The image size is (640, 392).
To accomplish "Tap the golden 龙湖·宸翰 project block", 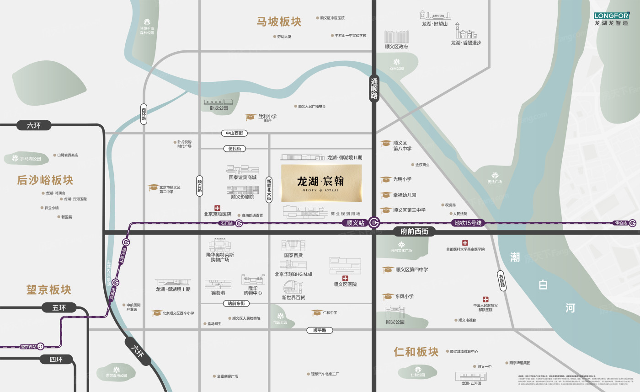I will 321,183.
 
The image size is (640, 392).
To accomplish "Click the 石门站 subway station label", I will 227,223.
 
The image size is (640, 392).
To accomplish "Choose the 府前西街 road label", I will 414,232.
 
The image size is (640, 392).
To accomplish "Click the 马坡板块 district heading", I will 279,22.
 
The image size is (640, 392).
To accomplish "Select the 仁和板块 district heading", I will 416,352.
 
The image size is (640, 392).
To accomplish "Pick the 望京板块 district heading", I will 49,290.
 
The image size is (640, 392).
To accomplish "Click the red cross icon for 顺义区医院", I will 345,278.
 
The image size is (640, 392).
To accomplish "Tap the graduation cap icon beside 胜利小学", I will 250,118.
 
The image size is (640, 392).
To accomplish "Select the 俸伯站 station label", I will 621,223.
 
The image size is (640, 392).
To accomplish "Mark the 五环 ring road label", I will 59,308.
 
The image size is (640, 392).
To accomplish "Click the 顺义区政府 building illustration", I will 396,37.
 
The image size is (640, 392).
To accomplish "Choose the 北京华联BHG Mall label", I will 293,274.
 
